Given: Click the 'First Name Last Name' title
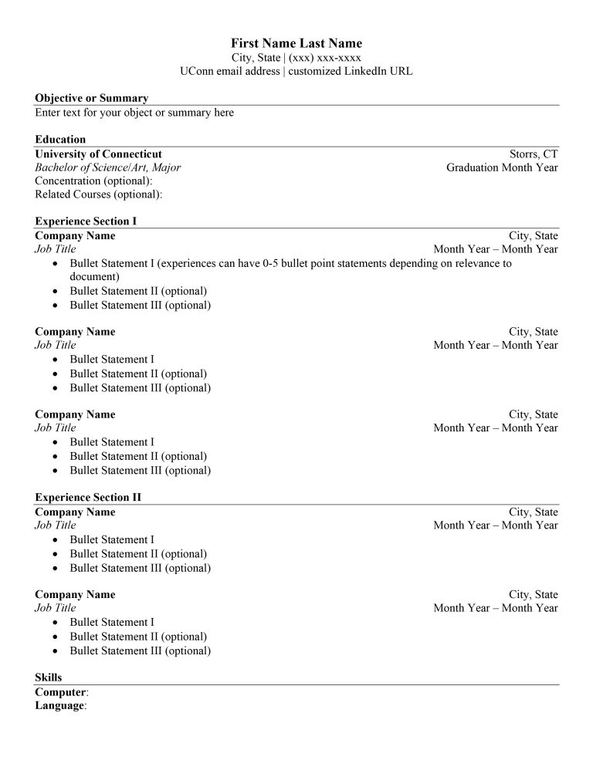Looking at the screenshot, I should click(296, 43).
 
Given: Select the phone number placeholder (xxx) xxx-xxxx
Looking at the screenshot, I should click(325, 58).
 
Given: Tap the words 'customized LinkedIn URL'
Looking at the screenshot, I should click(351, 71).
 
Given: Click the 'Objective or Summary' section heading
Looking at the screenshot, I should click(91, 98).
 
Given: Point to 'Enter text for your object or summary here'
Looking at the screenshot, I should click(134, 113).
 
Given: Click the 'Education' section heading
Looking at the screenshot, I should click(60, 140).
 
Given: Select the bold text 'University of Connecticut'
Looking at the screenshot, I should click(98, 154).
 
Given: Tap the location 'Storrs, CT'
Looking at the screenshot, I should click(534, 154).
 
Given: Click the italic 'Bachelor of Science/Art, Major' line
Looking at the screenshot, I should click(108, 167).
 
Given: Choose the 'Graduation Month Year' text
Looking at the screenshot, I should click(502, 167).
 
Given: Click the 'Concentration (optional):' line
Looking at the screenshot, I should click(93, 181).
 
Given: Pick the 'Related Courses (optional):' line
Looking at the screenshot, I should click(98, 194).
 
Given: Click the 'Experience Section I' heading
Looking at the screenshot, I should click(86, 221).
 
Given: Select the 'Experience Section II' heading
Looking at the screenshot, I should click(88, 498).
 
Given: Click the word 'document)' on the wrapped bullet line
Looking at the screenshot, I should click(94, 276).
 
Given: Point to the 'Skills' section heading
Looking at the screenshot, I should click(48, 677).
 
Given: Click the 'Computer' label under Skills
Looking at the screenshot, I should click(60, 692).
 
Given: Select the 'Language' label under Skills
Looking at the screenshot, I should click(59, 705).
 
